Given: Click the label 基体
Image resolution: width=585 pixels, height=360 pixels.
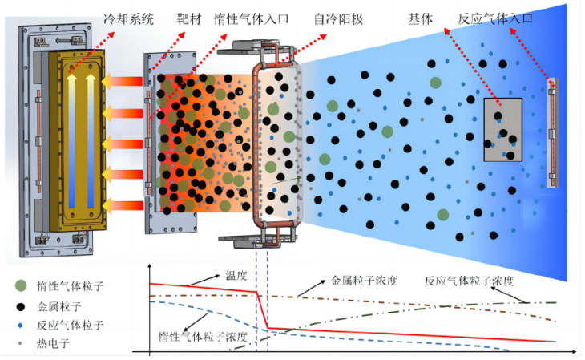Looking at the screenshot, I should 442,17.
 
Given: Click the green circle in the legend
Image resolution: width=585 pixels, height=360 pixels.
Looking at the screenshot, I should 21,285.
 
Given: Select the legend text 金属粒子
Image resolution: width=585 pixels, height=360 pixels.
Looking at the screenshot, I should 60,305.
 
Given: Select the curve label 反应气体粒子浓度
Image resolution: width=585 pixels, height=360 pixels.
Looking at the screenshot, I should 469,281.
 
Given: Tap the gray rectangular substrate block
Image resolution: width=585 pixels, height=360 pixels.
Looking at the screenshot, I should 502,129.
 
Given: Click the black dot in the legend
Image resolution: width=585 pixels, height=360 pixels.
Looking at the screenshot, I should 21,305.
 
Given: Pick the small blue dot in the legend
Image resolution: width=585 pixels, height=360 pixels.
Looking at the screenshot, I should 21,325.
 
